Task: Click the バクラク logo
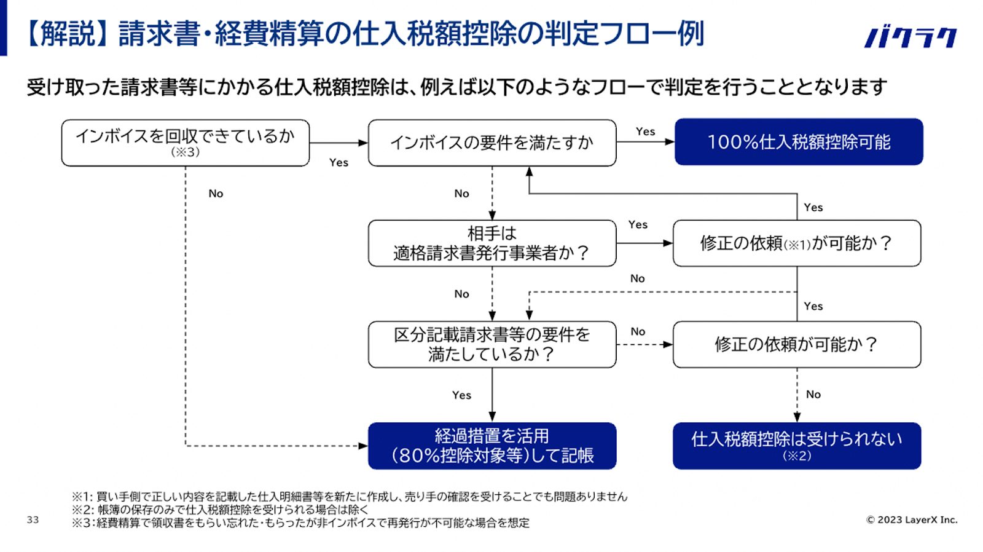coord(911,37)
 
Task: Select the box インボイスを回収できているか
coord(185,143)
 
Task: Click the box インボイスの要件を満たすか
coord(492,143)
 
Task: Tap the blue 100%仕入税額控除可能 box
coord(799,142)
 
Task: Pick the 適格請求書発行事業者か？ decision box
coord(492,243)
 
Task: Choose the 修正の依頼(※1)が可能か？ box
coord(797,243)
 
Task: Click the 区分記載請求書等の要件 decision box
coord(492,344)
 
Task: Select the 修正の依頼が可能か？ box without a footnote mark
coord(797,344)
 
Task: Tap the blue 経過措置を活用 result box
coord(492,446)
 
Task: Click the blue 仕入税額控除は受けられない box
coord(797,446)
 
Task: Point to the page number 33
coord(33,520)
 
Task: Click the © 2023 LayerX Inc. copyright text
coord(912,520)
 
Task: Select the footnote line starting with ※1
coord(350,497)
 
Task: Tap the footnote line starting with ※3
coord(300,523)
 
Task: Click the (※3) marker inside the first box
coord(185,152)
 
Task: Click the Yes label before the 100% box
coord(646,132)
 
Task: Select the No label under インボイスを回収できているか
coord(216,194)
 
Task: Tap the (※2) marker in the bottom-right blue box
coord(797,456)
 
